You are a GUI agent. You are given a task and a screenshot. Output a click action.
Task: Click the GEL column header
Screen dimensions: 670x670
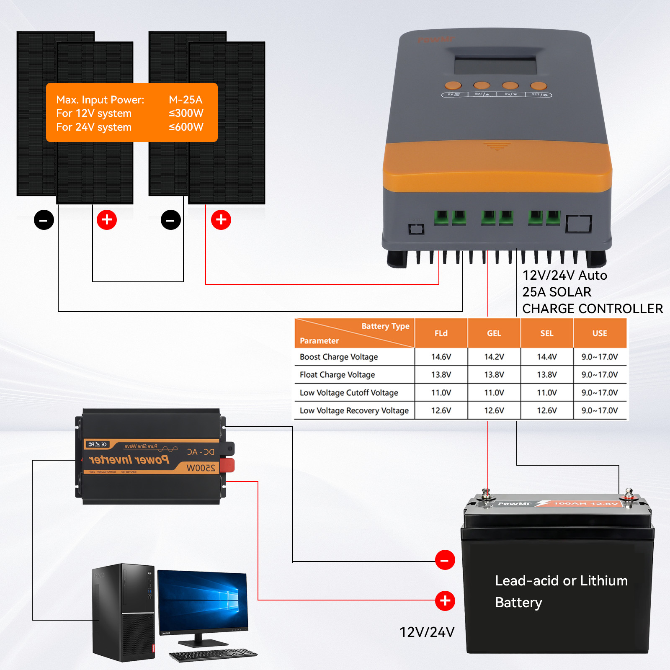pyautogui.click(x=494, y=333)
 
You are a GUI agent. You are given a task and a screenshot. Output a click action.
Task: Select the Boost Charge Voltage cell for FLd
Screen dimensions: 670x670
pyautogui.click(x=441, y=357)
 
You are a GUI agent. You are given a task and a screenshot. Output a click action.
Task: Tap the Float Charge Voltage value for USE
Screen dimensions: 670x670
pyautogui.click(x=599, y=375)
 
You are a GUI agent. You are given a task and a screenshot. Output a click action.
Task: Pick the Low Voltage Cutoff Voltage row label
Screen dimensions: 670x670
pyautogui.click(x=349, y=393)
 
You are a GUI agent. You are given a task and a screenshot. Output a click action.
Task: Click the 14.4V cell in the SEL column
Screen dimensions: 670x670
pyautogui.click(x=546, y=357)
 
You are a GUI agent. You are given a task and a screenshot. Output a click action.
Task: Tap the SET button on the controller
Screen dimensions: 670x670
pyautogui.click(x=539, y=86)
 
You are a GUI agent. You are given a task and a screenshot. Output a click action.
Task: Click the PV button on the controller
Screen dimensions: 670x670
pyautogui.click(x=453, y=86)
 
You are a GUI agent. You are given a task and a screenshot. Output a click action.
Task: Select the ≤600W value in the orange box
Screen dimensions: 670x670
pyautogui.click(x=186, y=127)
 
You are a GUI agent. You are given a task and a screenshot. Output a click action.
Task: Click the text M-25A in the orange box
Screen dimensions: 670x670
pyautogui.click(x=186, y=100)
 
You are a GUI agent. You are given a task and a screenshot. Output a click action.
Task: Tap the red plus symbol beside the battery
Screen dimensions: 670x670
pyautogui.click(x=445, y=601)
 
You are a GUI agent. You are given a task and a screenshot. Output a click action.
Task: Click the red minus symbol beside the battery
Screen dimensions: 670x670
pyautogui.click(x=445, y=560)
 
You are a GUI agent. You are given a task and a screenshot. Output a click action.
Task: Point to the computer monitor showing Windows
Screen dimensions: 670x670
pyautogui.click(x=203, y=600)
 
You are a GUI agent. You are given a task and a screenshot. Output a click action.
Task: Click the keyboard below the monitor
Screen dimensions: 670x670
pyautogui.click(x=213, y=655)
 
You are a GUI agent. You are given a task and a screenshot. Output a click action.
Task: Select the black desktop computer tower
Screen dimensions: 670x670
pyautogui.click(x=123, y=612)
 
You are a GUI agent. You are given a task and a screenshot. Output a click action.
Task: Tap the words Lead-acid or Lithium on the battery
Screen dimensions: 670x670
pyautogui.click(x=561, y=581)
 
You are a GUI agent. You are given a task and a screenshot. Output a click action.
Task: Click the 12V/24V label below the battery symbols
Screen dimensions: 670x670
pyautogui.click(x=427, y=632)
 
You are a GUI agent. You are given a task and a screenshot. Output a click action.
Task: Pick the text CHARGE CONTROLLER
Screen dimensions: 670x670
pyautogui.click(x=592, y=309)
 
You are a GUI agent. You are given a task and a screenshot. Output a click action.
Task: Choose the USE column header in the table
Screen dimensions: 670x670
pyautogui.click(x=599, y=333)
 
